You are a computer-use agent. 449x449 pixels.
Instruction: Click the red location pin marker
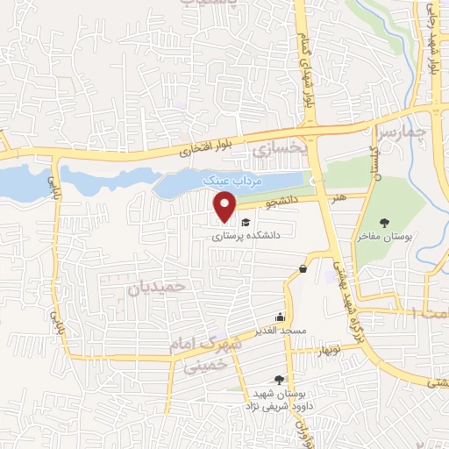pos(226,207)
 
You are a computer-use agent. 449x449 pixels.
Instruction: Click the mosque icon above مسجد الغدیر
pos(280,317)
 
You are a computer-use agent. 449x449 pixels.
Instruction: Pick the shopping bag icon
pos(303,268)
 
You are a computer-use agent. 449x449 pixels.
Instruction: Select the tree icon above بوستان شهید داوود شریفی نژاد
pos(278,379)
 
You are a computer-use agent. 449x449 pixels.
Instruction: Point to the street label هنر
pos(339,197)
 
